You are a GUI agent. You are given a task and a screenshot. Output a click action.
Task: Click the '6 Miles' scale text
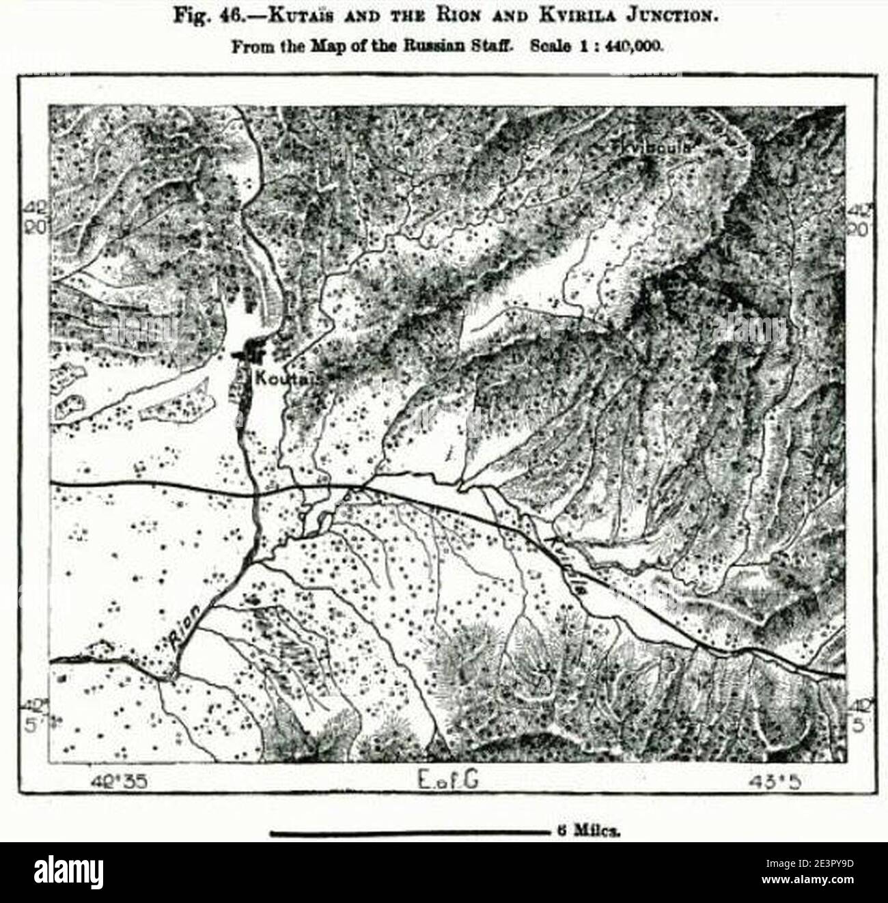pos(589,833)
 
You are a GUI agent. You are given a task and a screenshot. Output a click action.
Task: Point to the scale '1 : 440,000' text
pos(618,47)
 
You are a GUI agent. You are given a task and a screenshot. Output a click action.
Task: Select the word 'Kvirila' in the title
pos(537,16)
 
